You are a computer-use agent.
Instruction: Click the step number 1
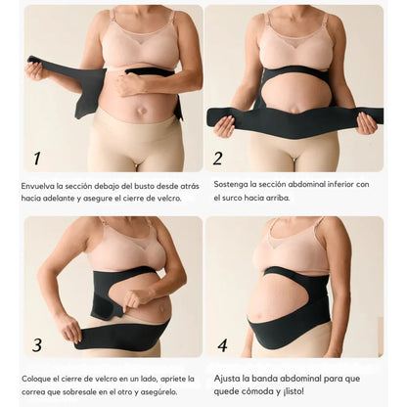[37, 158]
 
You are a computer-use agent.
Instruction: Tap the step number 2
[217, 158]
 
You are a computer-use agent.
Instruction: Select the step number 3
[37, 345]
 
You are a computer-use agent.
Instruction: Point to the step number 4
[222, 345]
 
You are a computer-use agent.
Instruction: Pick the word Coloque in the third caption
[36, 380]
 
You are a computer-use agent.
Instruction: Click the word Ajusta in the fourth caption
[227, 379]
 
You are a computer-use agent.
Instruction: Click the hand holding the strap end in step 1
[35, 71]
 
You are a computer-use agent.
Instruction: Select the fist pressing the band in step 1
[125, 84]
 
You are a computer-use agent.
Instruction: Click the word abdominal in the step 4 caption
[300, 379]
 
